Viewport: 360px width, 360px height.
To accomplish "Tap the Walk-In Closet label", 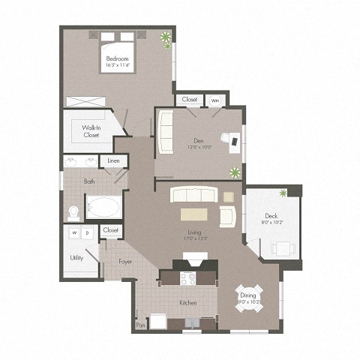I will point(91,131).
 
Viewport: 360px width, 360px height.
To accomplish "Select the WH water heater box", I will point(214,100).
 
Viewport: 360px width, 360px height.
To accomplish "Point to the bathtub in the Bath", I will point(102,206).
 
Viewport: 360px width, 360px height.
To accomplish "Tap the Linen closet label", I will point(113,161).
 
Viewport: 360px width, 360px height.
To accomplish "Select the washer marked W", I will point(74,233).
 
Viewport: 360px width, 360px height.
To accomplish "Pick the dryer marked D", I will point(88,233).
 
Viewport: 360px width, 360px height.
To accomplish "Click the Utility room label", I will point(76,257).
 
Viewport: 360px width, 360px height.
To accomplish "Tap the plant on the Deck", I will point(283,194).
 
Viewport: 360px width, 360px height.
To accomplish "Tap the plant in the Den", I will point(235,172).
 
